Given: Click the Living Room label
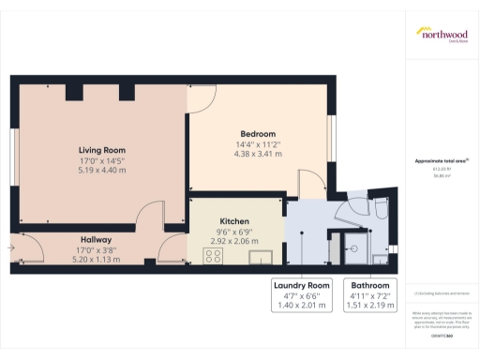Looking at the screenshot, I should [101, 150].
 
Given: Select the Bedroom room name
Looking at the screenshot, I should [258, 134].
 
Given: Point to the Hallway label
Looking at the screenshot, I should [97, 239].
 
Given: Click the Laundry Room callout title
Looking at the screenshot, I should [302, 285].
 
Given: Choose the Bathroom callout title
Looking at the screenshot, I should [366, 285].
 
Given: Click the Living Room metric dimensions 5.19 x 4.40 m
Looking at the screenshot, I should [101, 171].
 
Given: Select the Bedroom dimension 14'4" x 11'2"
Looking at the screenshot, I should [258, 144].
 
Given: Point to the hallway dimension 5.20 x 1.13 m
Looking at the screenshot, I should [97, 259].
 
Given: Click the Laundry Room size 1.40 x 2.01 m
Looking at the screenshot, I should [302, 306].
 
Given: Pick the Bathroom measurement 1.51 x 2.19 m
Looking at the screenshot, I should [366, 306].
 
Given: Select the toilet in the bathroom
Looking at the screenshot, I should [380, 209].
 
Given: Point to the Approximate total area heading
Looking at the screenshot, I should [442, 161].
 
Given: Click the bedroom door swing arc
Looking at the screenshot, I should [308, 178].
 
